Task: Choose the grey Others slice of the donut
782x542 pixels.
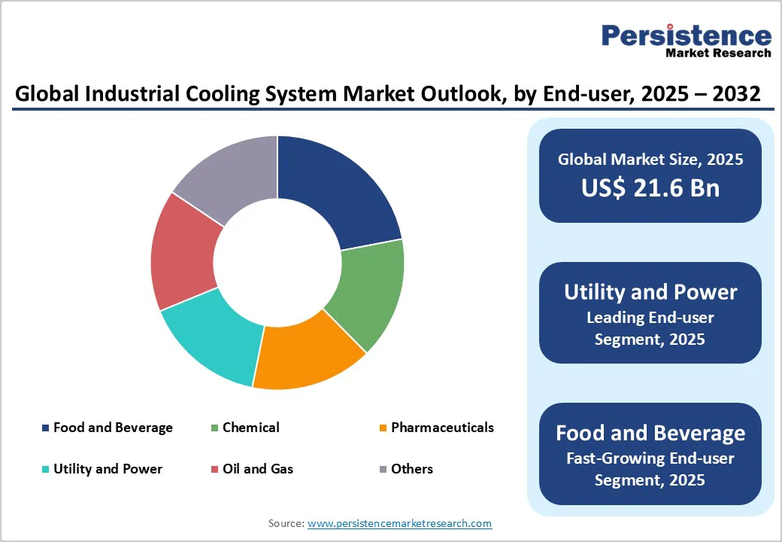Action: pos(229,177)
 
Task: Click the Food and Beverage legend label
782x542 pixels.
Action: pos(113,428)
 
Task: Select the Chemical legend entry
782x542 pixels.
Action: pos(250,428)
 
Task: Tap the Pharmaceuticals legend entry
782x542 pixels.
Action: pos(442,428)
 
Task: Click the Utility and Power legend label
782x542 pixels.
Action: pos(108,469)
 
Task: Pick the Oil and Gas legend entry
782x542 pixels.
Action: pos(257,469)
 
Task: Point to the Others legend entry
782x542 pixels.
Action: pos(411,469)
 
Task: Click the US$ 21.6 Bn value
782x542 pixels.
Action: pos(650,188)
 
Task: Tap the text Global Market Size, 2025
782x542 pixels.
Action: pos(650,159)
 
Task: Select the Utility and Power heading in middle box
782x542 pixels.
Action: pos(650,292)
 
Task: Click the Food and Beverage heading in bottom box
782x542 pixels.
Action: pos(650,433)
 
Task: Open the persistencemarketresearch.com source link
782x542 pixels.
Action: pos(399,523)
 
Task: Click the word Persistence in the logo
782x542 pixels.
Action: pos(686,35)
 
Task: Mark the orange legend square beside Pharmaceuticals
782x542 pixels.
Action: pos(383,428)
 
